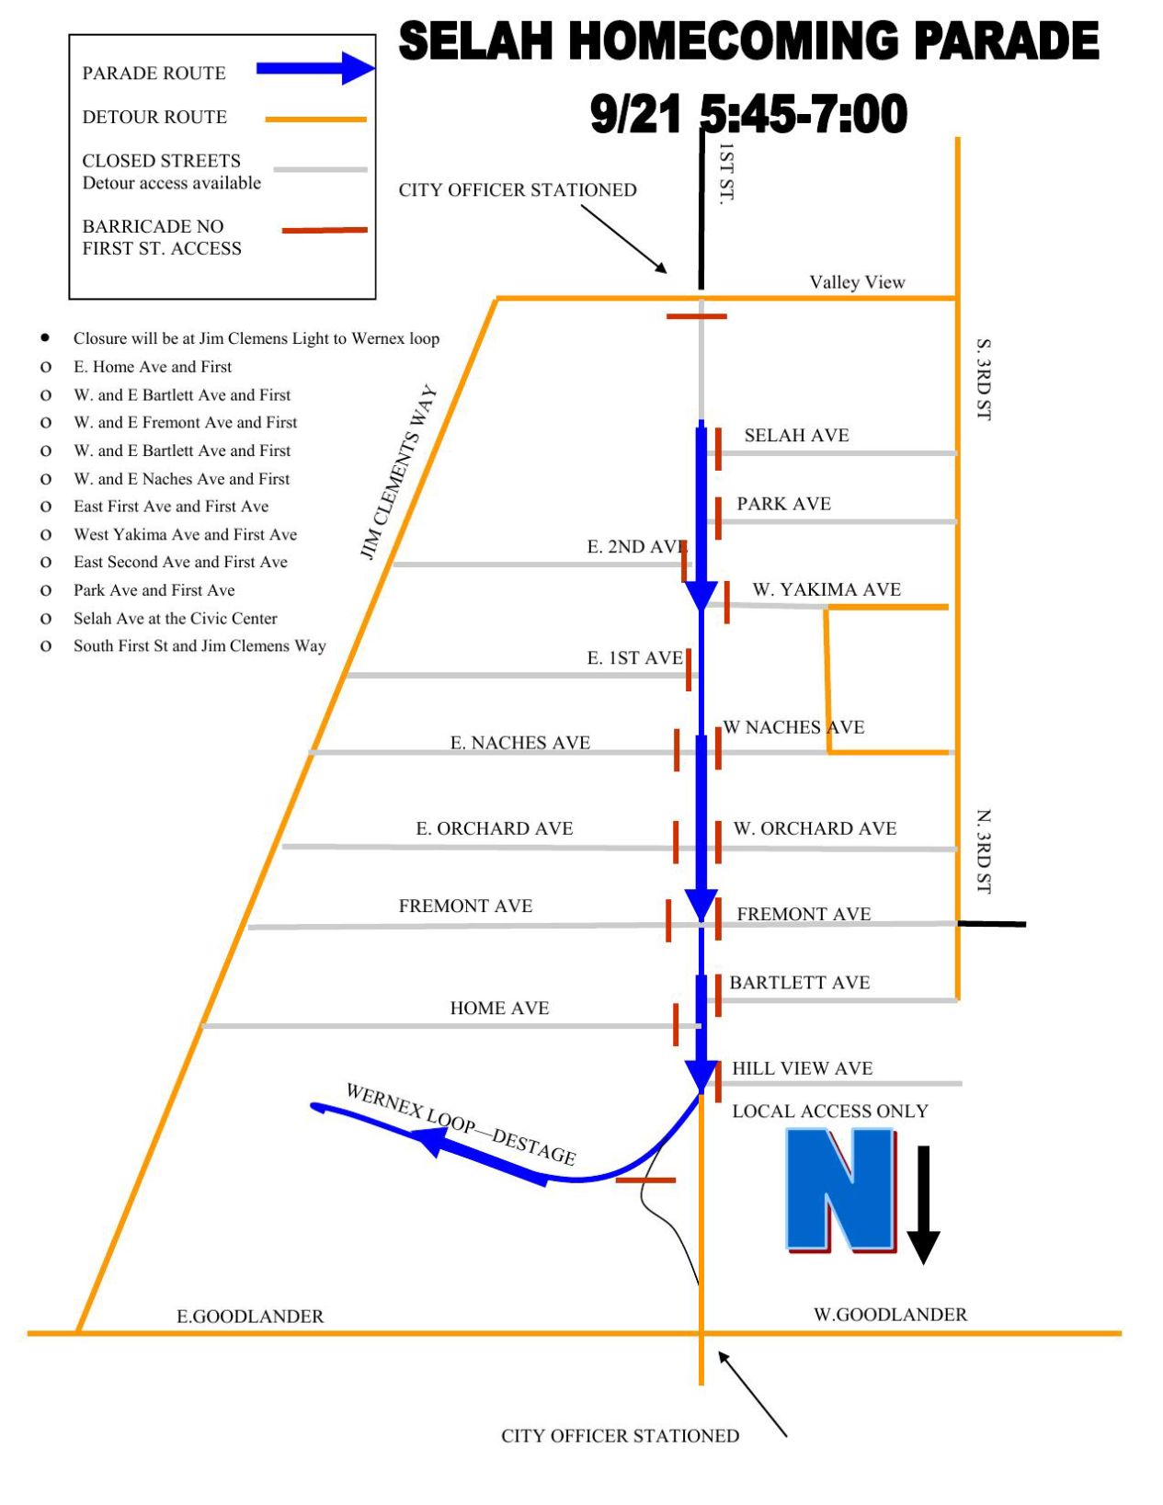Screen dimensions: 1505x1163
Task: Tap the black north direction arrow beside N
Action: click(923, 1204)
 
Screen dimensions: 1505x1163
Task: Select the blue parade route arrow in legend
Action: click(314, 69)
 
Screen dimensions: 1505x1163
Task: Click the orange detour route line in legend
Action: click(315, 120)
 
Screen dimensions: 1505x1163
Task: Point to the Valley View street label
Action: click(857, 282)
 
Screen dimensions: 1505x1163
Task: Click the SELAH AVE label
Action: click(796, 436)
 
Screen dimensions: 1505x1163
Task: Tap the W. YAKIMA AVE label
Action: click(827, 589)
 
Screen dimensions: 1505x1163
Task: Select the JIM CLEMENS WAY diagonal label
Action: click(397, 473)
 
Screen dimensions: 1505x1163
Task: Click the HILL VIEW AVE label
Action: click(802, 1068)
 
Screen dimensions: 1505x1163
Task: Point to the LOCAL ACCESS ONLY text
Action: click(829, 1111)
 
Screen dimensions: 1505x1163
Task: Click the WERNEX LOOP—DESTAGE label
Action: click(461, 1123)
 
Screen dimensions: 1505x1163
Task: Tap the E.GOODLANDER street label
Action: click(250, 1317)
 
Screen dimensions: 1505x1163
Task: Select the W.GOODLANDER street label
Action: click(890, 1315)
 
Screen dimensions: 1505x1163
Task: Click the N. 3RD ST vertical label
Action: click(984, 851)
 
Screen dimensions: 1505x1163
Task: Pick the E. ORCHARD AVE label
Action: click(495, 828)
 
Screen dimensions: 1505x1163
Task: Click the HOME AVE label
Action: click(499, 1008)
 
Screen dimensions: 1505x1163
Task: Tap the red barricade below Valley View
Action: click(696, 316)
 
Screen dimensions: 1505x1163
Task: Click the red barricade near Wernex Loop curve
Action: click(645, 1180)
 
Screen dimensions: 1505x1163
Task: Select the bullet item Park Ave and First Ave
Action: click(154, 590)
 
